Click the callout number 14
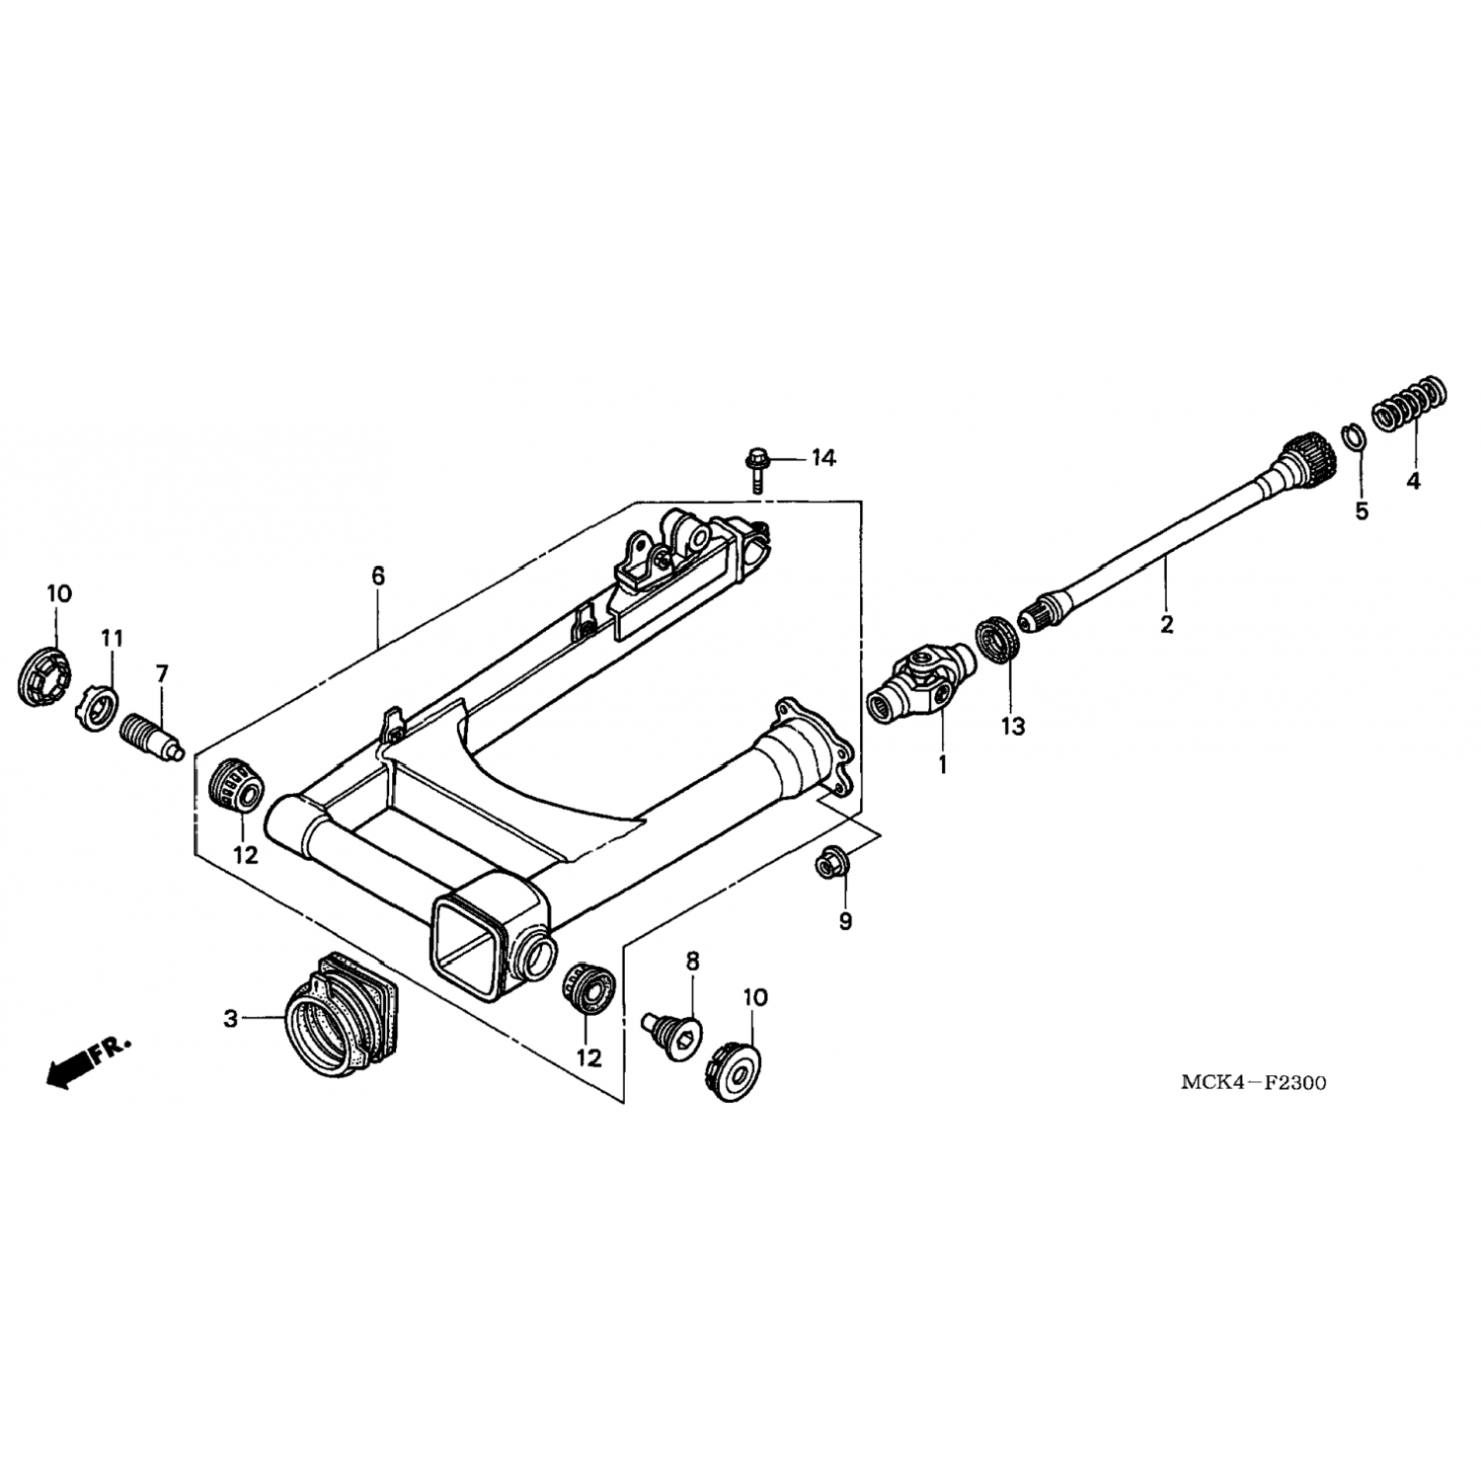823,458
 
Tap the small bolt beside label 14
755,470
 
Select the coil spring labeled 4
1411,404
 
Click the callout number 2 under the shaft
1166,624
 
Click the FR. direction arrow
88,1060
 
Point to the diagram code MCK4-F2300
1254,1083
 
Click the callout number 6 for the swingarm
377,575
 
